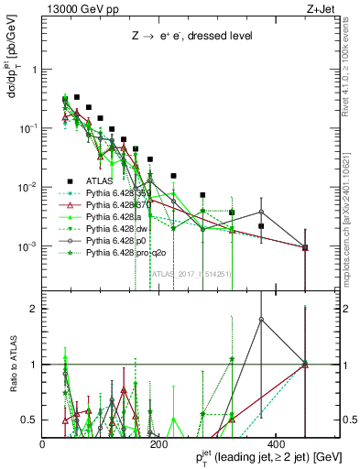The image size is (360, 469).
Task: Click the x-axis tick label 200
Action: click(x=158, y=444)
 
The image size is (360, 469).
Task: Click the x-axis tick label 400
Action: click(x=273, y=444)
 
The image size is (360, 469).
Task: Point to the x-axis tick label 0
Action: click(x=43, y=444)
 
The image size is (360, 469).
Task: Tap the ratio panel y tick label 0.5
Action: click(x=28, y=420)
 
